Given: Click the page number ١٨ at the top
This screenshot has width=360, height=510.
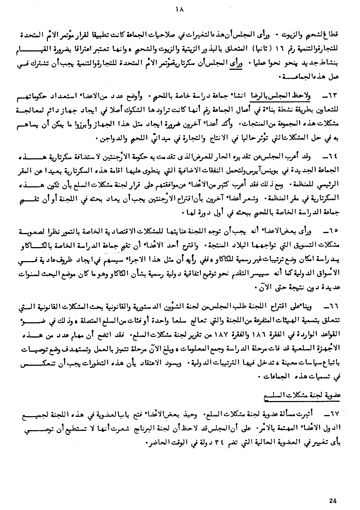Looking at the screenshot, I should (x=180, y=10).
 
